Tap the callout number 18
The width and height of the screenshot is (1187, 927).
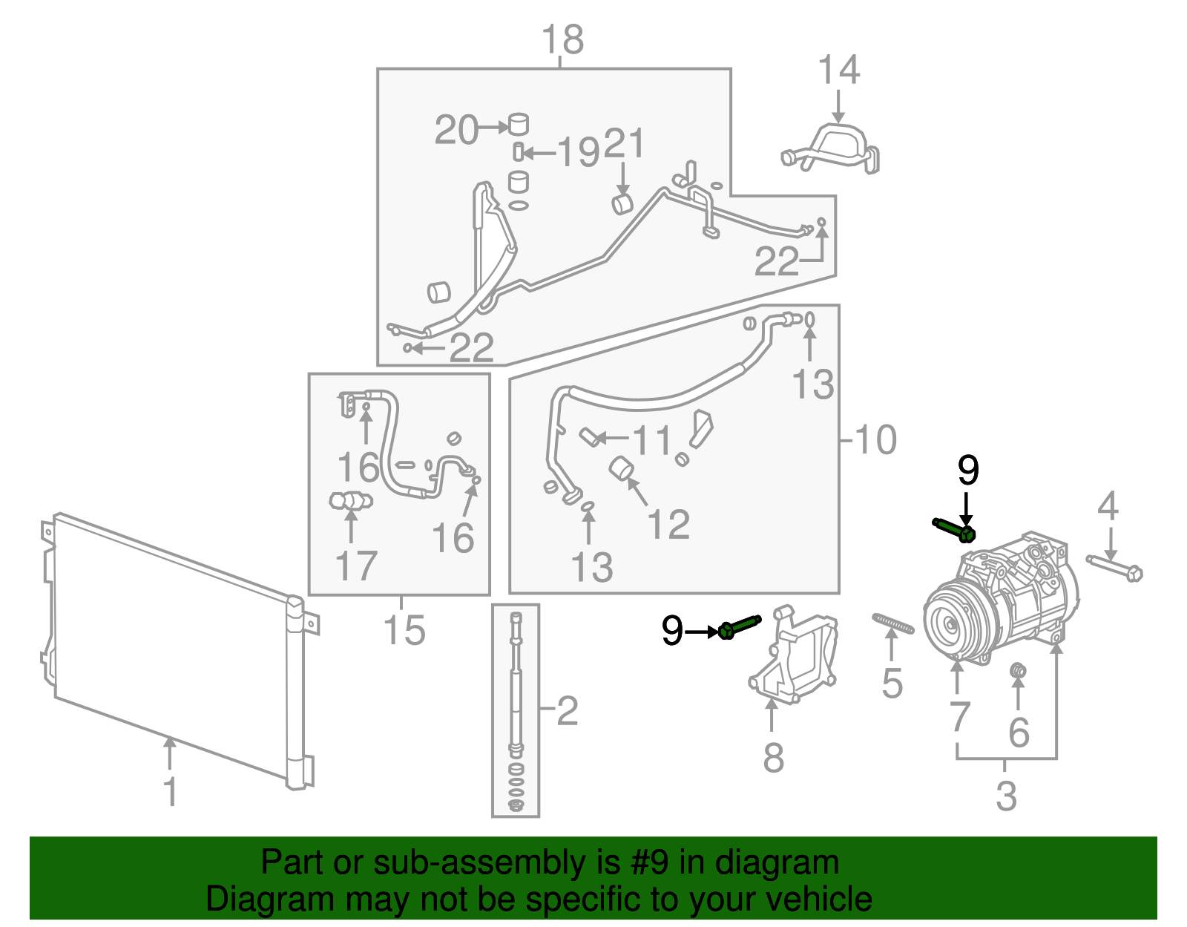tap(562, 39)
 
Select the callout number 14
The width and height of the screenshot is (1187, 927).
tap(838, 70)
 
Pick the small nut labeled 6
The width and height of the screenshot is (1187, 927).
tap(1019, 672)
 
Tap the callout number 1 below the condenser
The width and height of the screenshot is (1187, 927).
tap(171, 792)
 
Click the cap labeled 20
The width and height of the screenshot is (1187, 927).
tap(519, 123)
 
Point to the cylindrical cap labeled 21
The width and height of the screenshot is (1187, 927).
tap(622, 203)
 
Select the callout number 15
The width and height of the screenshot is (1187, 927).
tap(404, 630)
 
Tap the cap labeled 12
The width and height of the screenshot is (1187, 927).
tap(620, 469)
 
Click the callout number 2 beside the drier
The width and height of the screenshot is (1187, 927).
tap(568, 711)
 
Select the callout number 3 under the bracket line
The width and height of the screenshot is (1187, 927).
tap(1006, 796)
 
